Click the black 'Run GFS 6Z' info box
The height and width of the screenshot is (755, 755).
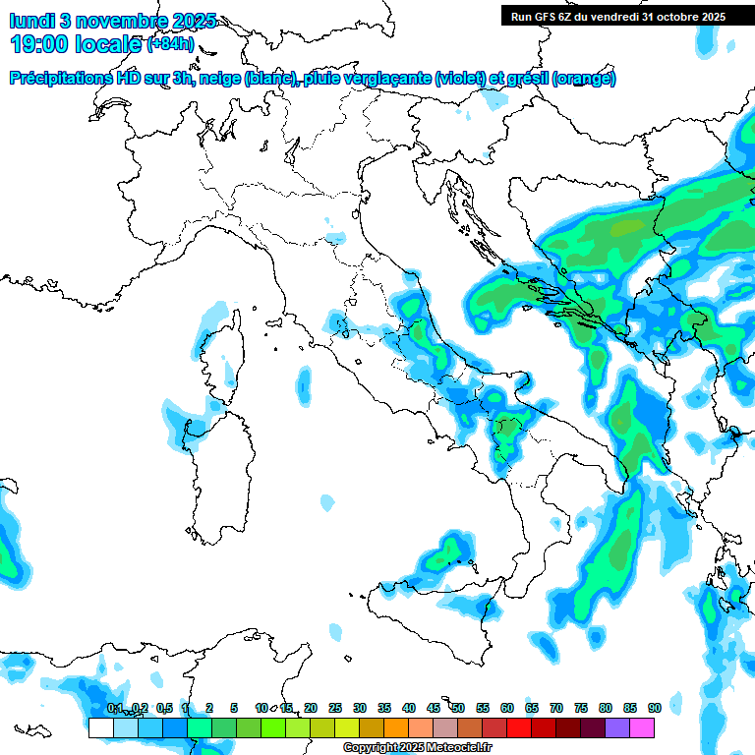(617, 15)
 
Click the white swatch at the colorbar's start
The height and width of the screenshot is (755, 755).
(100, 727)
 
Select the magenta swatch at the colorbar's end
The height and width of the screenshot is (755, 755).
(642, 727)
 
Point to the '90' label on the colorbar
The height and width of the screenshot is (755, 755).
(655, 708)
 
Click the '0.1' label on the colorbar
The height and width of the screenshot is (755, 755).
(114, 708)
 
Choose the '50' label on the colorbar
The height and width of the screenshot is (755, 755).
(458, 708)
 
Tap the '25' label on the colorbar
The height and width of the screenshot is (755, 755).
(335, 708)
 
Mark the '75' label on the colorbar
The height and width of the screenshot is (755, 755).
(581, 708)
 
